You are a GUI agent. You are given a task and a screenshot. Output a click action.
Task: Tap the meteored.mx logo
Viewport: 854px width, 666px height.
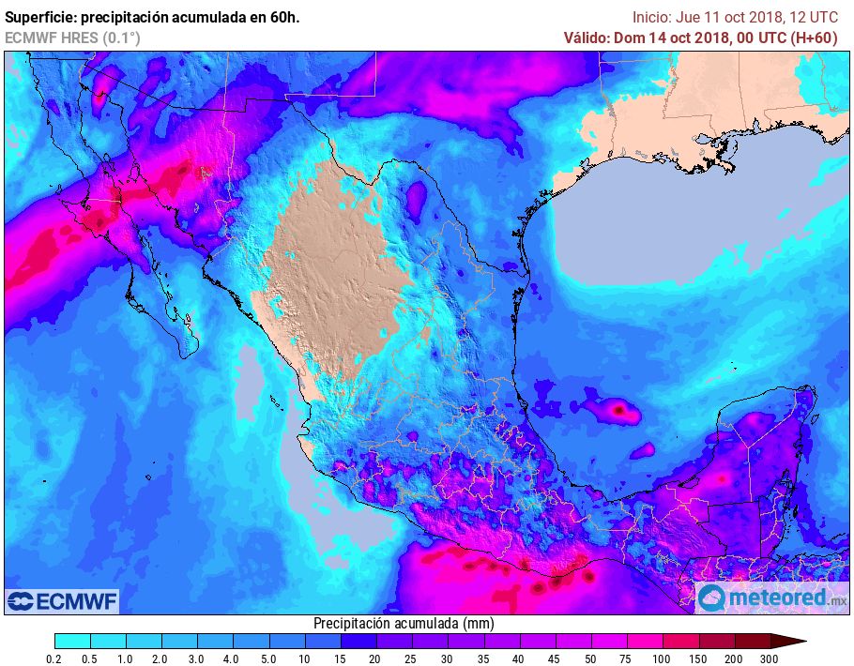771,598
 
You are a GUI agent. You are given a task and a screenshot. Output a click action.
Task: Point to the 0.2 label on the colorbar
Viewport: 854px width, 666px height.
54,660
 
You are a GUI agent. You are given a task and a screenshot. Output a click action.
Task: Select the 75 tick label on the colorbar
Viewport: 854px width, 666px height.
624,660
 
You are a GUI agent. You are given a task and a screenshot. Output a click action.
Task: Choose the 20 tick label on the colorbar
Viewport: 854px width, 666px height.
374,660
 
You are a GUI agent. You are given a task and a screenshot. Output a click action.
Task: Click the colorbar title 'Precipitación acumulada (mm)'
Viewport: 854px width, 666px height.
404,623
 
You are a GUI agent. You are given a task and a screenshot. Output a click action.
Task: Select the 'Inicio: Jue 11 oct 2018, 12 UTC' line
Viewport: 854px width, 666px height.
735,17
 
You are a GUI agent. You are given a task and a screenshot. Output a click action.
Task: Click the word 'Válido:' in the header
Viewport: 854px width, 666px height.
586,38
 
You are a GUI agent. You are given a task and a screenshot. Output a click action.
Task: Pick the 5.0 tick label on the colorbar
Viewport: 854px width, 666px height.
267,660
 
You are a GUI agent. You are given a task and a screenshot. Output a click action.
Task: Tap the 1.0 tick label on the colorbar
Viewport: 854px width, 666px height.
125,660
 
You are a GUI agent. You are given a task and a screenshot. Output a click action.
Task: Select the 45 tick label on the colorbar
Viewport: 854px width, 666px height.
553,660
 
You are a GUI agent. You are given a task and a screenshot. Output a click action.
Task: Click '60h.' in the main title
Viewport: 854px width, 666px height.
283,17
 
